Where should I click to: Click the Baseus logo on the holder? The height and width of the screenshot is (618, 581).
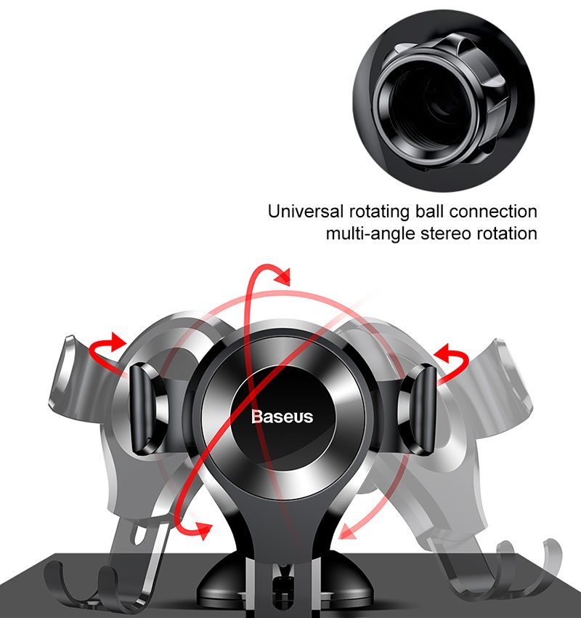click(x=283, y=417)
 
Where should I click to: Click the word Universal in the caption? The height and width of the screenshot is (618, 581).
click(x=306, y=212)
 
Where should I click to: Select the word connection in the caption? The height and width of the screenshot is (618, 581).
click(x=493, y=212)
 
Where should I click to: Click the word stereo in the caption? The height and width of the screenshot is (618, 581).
click(x=446, y=233)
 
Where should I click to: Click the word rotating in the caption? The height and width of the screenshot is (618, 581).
click(x=379, y=212)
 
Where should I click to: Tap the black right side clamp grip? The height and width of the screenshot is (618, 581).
click(x=423, y=409)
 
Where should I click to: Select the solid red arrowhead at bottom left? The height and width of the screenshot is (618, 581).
click(x=203, y=530)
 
